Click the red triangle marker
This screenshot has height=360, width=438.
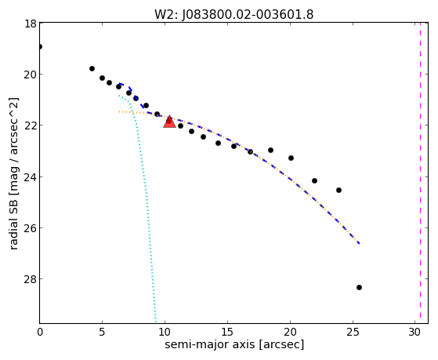(169, 122)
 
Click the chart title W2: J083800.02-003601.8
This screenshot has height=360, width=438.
(234, 14)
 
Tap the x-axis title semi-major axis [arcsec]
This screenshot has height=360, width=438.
(234, 344)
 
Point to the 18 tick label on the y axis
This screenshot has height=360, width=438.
(30, 24)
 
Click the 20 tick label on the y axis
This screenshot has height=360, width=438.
(30, 75)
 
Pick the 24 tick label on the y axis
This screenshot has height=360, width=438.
(30, 177)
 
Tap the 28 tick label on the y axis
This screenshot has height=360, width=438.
(30, 279)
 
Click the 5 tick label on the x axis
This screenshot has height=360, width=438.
(102, 332)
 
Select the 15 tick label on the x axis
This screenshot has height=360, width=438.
(227, 332)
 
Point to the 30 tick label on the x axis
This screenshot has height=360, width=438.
(414, 332)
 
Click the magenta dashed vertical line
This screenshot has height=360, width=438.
(420, 173)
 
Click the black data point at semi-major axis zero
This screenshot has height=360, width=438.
(40, 46)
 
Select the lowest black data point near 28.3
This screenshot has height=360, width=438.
(359, 287)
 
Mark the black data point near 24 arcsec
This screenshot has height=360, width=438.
(338, 191)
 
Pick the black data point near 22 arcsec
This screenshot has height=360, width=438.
(314, 180)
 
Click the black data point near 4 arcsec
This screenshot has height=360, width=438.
(92, 68)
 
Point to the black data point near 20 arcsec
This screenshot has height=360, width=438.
(291, 158)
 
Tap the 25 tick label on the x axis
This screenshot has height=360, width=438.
(353, 332)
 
